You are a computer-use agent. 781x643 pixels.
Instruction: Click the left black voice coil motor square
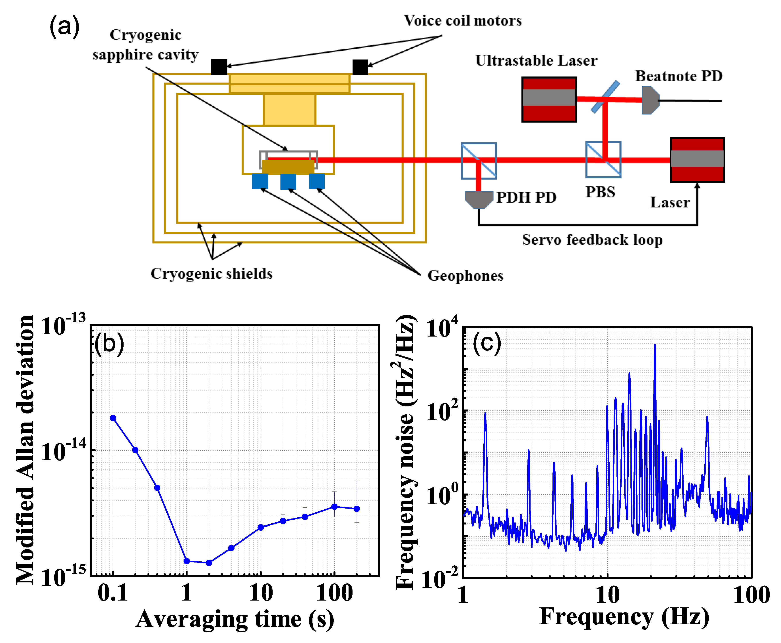(x=219, y=67)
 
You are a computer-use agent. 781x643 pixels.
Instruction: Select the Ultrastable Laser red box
(x=549, y=99)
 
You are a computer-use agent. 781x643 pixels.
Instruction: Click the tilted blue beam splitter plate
(x=605, y=97)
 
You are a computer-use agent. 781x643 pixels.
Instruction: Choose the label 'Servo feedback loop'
(x=592, y=240)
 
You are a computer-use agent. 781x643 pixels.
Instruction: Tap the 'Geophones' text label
(x=465, y=276)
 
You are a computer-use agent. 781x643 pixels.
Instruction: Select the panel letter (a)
(x=64, y=27)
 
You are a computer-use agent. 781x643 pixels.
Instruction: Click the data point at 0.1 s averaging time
(x=113, y=418)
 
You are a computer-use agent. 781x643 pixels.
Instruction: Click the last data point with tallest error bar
(x=357, y=509)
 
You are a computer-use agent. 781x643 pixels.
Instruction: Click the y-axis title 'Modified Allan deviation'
(x=25, y=450)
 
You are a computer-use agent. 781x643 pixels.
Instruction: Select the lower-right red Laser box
(x=697, y=160)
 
